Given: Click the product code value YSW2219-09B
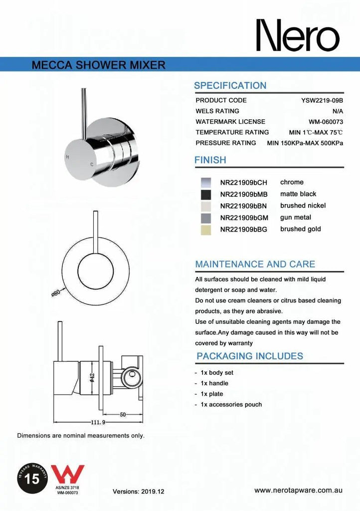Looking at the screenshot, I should coord(322,100).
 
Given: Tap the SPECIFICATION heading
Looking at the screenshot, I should coord(230,85).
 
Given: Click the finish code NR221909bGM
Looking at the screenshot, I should coord(244,218).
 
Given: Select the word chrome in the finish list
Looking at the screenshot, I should coord(292,182).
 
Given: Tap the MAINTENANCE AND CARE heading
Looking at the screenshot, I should coord(255,264).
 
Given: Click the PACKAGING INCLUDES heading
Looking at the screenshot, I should coord(249,356).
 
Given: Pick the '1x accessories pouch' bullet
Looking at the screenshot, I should coord(231,404).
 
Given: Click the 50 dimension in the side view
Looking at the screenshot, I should coord(122,415).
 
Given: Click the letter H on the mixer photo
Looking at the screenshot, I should coord(67,157).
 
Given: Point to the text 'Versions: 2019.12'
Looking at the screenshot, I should coord(138,492).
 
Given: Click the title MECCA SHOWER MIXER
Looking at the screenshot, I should coord(98,65).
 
